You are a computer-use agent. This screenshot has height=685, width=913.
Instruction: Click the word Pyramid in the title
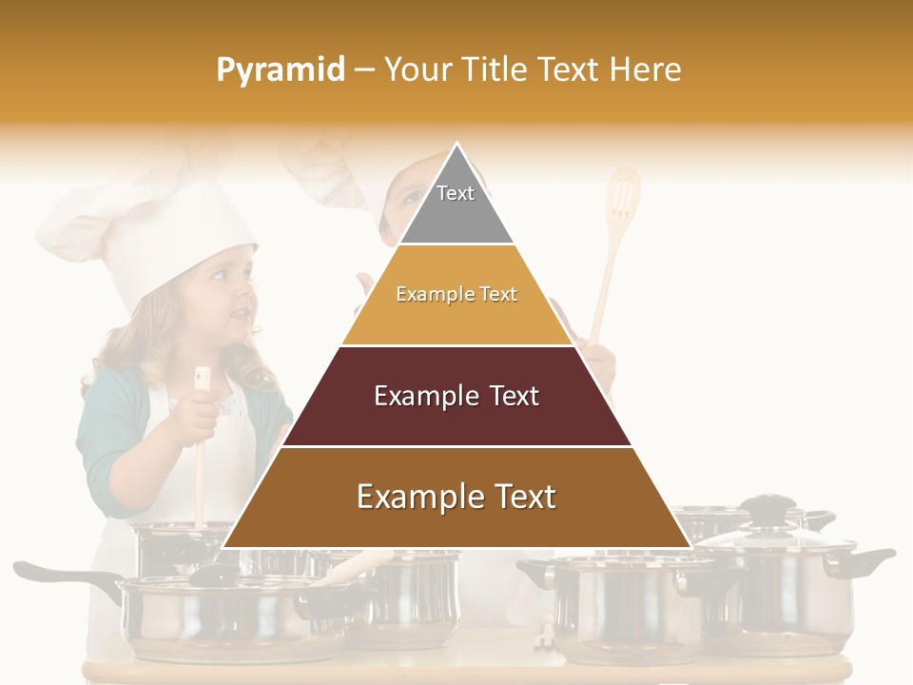(x=281, y=70)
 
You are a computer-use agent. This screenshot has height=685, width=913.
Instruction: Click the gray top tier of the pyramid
(x=456, y=205)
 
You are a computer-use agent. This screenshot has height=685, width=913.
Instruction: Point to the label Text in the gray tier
(x=456, y=193)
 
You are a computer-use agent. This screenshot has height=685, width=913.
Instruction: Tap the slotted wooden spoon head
(x=623, y=195)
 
